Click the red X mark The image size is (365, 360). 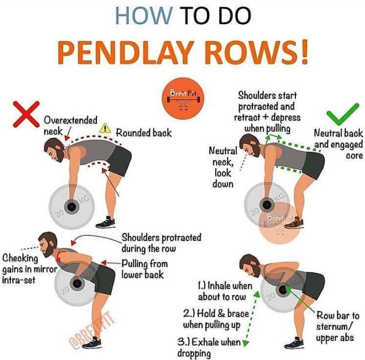click(26, 114)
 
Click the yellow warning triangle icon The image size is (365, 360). click(105, 128)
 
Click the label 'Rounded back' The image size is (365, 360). click(144, 133)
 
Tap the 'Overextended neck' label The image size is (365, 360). click(70, 126)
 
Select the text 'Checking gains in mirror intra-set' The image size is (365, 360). click(30, 269)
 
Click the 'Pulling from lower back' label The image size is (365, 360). click(144, 269)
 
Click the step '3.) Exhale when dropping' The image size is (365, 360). click(209, 347)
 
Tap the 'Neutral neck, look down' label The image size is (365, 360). click(223, 167)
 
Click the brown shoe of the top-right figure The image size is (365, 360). click(294, 223)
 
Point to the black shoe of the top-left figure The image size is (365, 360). click(105, 222)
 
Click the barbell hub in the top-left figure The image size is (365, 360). click(71, 206)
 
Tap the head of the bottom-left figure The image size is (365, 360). click(48, 244)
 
